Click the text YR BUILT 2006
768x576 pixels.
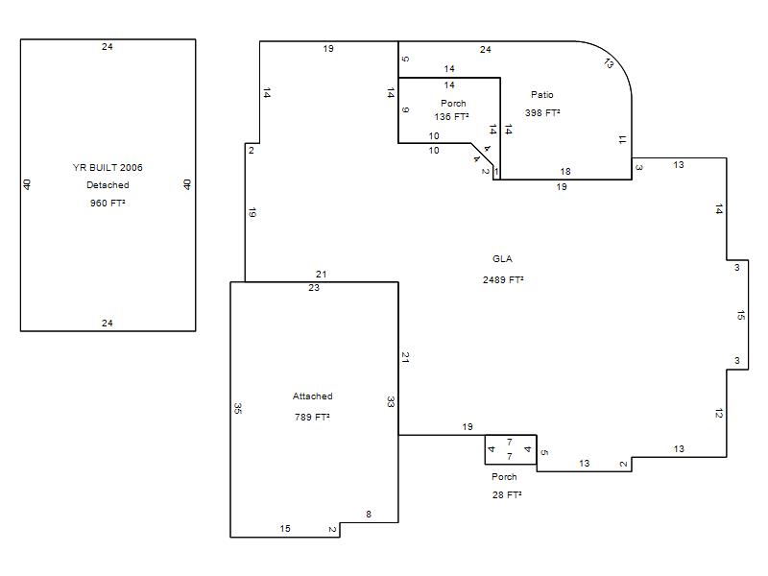coord(108,167)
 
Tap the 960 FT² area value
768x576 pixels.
coord(108,203)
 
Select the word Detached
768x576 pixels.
coord(108,185)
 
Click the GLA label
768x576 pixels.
coord(502,259)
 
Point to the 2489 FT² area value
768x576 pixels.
coord(503,279)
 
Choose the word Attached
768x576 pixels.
coord(313,396)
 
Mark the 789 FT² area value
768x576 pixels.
coord(312,417)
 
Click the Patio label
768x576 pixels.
coord(542,94)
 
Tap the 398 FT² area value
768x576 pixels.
coord(542,112)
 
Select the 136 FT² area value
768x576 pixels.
coord(451,116)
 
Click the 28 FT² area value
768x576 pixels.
coord(507,494)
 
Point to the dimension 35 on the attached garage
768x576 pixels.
coord(238,409)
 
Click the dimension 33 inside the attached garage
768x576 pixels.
coord(391,402)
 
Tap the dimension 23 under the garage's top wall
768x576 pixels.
coord(314,287)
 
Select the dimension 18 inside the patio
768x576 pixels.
coord(565,172)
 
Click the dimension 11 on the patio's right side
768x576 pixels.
coord(622,140)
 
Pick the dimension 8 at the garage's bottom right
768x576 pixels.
coord(369,514)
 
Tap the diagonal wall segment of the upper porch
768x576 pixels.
coord(482,155)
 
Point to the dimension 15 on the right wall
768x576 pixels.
coord(740,316)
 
